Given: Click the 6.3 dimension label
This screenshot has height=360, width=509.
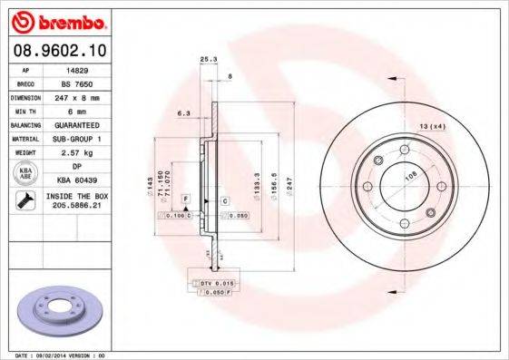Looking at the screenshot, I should coord(181,114).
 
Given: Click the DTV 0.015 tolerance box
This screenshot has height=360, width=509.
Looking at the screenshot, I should coord(213,284).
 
